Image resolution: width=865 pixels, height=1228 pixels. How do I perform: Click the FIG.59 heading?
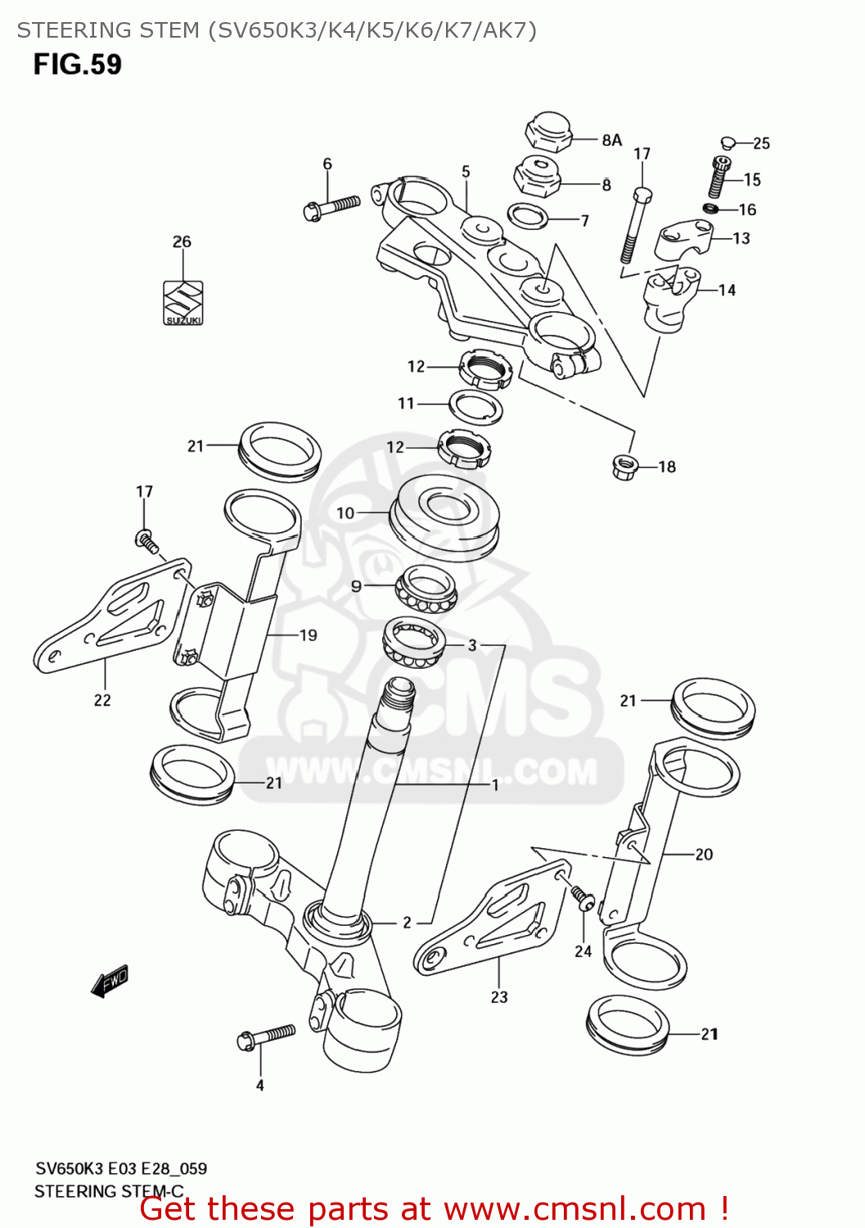point(77,65)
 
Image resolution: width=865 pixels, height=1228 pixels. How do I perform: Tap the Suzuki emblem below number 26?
point(182,303)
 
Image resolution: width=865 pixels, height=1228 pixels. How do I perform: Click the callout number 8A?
point(612,140)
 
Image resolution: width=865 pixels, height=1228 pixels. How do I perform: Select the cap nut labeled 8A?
point(547,133)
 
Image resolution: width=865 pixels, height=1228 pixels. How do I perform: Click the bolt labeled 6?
point(331,207)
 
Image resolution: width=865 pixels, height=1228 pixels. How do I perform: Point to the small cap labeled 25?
point(728,143)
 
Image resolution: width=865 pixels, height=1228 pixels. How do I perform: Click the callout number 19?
point(308,634)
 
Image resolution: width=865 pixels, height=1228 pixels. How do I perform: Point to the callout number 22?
point(102,700)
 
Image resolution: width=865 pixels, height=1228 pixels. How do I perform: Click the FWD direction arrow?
point(110,980)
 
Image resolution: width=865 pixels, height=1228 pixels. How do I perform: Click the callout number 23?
point(499,997)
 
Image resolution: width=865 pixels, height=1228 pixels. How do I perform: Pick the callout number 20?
point(704,854)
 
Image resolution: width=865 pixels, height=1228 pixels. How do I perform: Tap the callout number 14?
point(727,290)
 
